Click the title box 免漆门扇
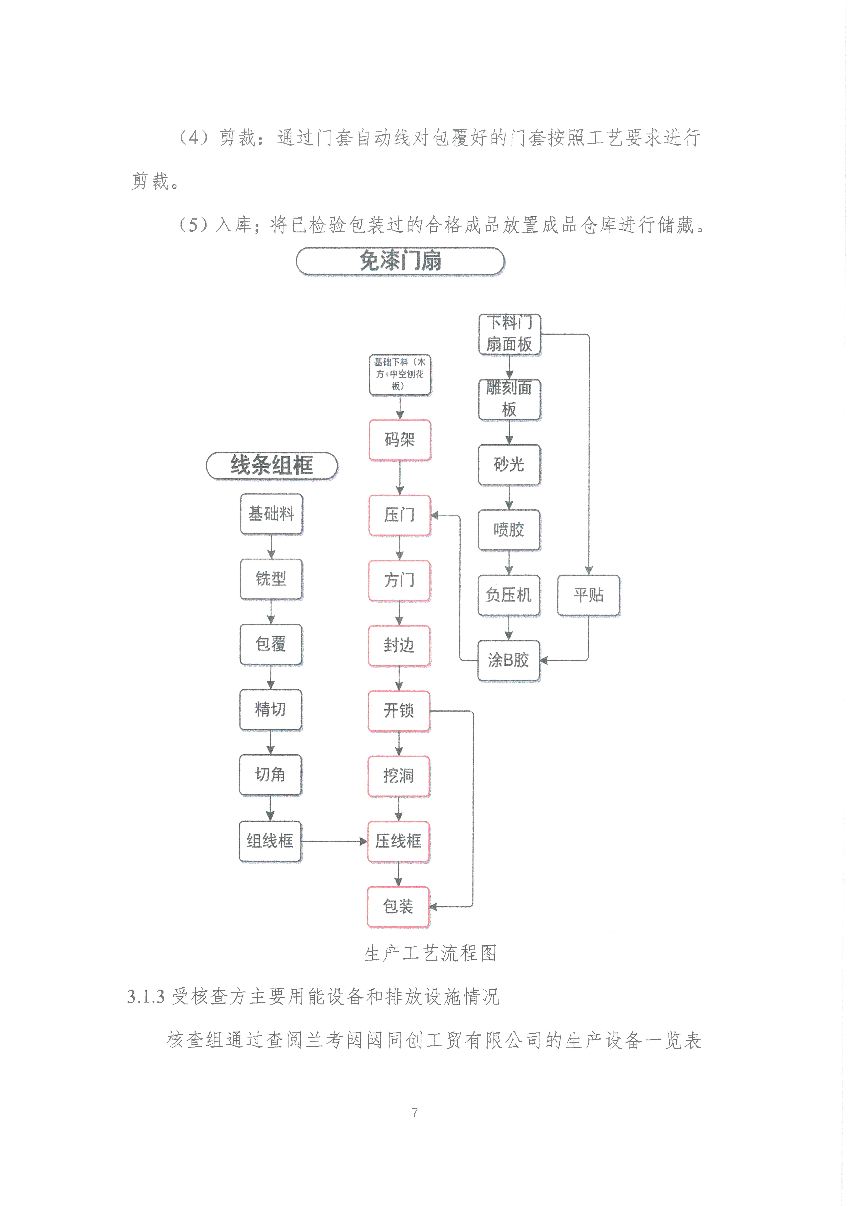point(400,261)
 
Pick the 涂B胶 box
point(508,660)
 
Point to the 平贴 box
point(588,595)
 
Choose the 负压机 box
point(508,595)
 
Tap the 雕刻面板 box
point(509,399)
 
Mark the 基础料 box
point(271,514)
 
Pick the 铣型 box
point(271,579)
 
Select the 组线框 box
point(270,841)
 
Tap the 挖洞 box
point(399,776)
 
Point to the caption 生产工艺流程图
point(430,953)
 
